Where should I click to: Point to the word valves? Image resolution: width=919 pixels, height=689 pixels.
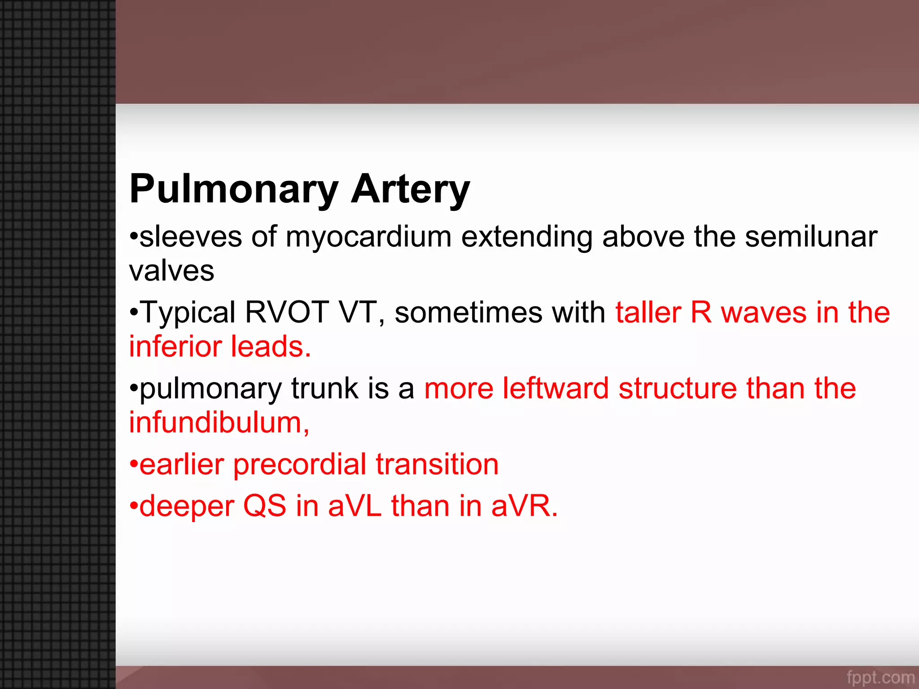[x=172, y=271]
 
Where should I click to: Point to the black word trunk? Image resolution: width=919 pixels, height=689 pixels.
[x=324, y=388]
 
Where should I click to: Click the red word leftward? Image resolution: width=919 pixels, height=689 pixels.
[x=556, y=388]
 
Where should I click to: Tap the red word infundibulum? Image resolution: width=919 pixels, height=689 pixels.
[x=218, y=423]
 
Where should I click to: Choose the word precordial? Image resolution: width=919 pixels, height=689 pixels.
[x=300, y=464]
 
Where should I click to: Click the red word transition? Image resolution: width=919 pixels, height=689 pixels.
[x=437, y=464]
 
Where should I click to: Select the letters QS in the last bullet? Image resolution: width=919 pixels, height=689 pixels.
[x=265, y=506]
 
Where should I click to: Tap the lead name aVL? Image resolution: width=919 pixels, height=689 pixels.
[x=354, y=506]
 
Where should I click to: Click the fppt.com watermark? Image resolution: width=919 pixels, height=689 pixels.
[x=880, y=677]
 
